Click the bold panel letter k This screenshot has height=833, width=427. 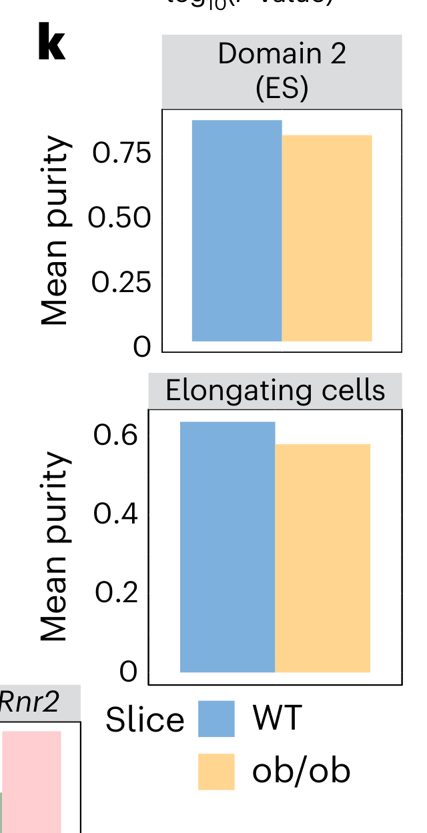(x=52, y=45)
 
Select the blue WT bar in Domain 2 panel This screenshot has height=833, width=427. (x=237, y=231)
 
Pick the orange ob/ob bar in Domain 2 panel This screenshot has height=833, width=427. (x=327, y=238)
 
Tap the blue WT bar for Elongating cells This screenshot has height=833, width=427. (x=228, y=547)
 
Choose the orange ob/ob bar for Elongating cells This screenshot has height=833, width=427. (x=323, y=558)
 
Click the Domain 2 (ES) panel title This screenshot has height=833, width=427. (x=282, y=71)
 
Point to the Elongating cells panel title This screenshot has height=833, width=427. (x=276, y=391)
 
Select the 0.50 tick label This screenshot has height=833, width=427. (x=122, y=218)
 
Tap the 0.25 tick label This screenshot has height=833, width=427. (x=122, y=283)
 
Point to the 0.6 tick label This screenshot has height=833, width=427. (x=116, y=436)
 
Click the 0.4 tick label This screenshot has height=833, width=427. (x=116, y=514)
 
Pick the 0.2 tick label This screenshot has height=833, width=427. (x=116, y=593)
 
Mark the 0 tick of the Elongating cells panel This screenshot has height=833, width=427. (x=128, y=672)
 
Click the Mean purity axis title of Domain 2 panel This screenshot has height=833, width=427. (x=55, y=231)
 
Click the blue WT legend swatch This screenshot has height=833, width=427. (x=217, y=718)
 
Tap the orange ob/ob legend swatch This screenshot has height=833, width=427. (x=217, y=771)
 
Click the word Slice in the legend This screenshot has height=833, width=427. (x=145, y=720)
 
